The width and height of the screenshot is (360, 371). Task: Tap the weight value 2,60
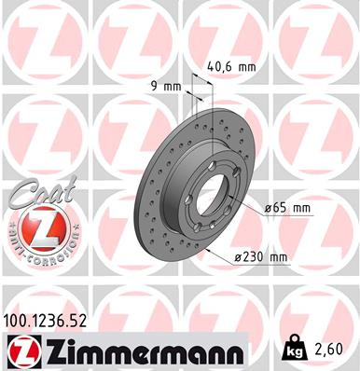[334, 350]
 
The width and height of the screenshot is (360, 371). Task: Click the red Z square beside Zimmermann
[21, 350]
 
